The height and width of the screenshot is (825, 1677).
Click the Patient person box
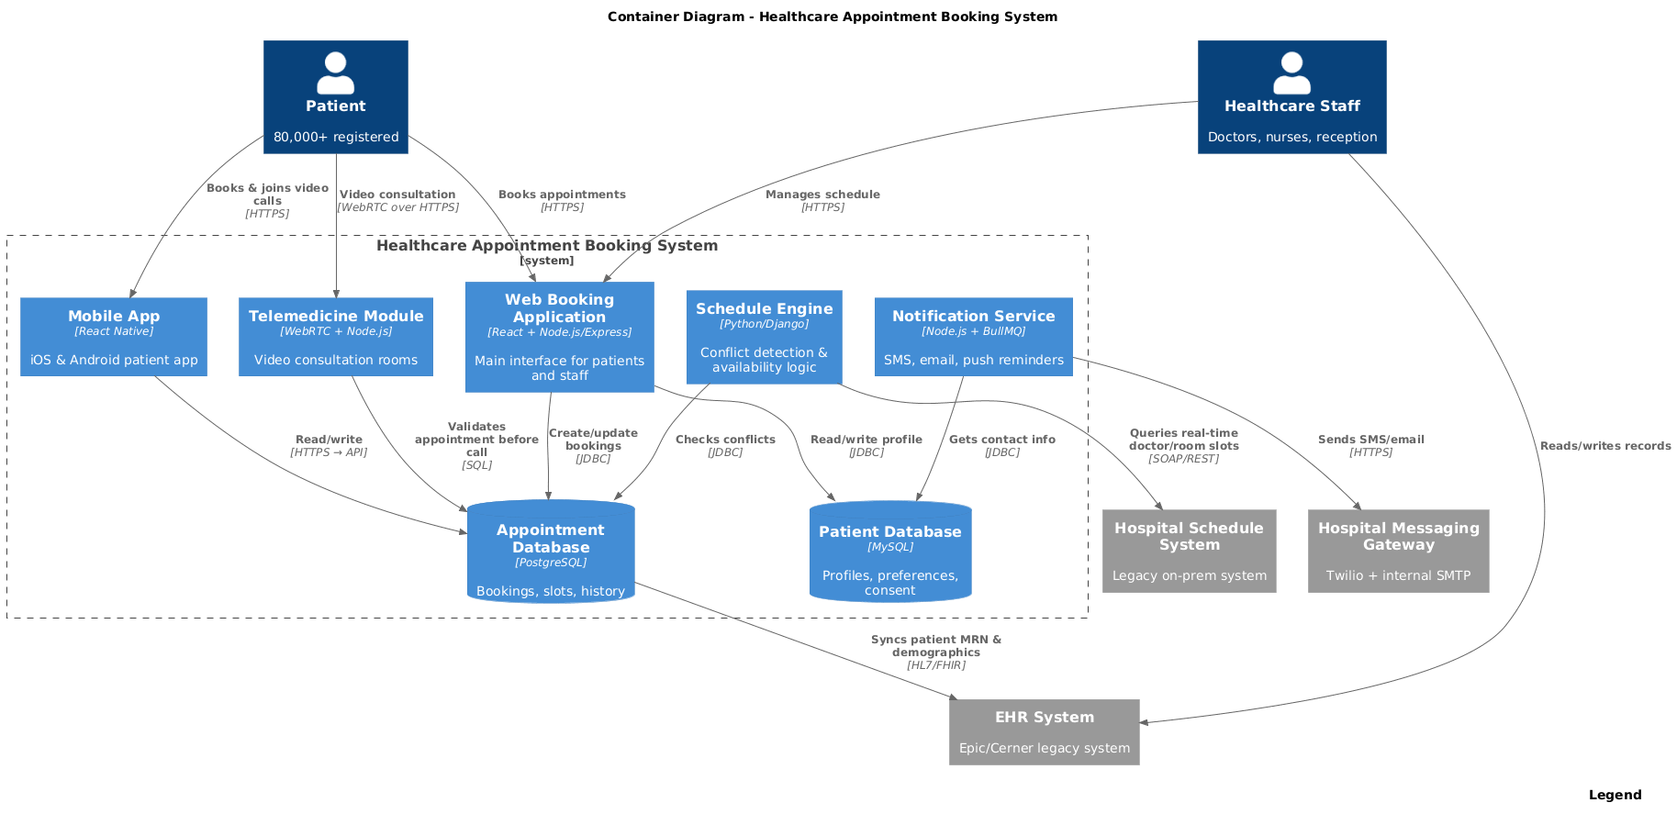[336, 97]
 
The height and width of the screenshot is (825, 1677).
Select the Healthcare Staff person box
[1291, 97]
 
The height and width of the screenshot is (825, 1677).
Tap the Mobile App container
[114, 337]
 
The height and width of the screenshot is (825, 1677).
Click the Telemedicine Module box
[336, 337]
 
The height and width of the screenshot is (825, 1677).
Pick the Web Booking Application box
[559, 337]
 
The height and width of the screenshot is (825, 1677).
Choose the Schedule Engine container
[764, 337]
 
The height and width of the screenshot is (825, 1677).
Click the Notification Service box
[973, 337]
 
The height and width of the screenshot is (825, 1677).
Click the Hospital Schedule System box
[1189, 551]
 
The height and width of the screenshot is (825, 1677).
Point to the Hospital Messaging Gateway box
[1398, 551]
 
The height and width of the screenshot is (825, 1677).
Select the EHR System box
[1044, 732]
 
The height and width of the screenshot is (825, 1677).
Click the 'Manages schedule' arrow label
[822, 195]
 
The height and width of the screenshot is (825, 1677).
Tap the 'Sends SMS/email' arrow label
[1370, 440]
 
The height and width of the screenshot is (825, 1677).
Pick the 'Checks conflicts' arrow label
[725, 440]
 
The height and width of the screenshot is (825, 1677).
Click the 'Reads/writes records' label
[1605, 446]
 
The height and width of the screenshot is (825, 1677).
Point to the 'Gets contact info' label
[1001, 440]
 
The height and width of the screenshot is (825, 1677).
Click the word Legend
[1615, 795]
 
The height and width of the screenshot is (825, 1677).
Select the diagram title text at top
[832, 17]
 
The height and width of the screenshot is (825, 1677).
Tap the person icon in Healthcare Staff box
[1291, 73]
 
